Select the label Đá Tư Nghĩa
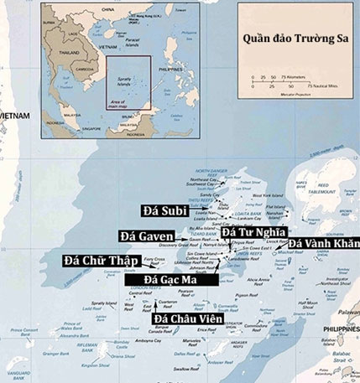pyautogui.click(x=254, y=230)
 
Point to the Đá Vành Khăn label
pyautogui.click(x=322, y=243)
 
